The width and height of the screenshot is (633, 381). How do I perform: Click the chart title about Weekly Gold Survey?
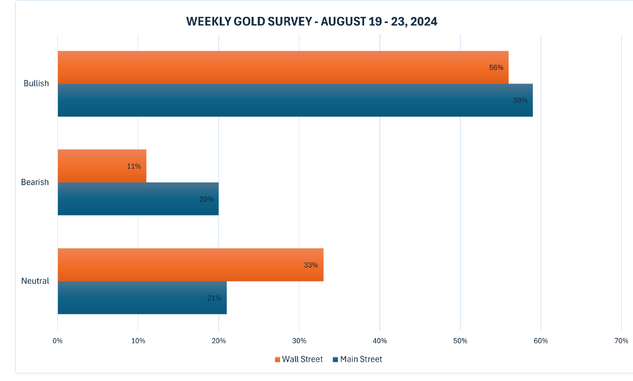311,22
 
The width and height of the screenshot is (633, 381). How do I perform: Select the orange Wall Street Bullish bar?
283,67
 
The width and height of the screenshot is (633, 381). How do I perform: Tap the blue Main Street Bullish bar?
294,100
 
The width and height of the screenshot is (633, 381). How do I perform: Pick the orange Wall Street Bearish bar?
101,166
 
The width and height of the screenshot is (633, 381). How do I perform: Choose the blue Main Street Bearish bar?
138,199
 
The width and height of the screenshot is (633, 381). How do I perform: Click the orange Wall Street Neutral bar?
190,265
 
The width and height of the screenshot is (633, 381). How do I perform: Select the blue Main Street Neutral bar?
142,298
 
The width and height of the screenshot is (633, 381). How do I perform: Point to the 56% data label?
496,67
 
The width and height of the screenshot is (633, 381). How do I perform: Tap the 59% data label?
520,100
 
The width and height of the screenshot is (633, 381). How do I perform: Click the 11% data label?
134,166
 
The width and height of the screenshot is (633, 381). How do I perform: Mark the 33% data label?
311,265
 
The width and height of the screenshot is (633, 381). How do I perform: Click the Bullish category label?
36,83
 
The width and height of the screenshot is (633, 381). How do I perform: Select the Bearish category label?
35,182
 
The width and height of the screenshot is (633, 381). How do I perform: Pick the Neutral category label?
35,281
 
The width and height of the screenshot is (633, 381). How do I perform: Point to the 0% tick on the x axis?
57,341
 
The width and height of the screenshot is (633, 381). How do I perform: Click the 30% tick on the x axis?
299,341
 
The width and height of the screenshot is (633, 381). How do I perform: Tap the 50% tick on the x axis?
460,341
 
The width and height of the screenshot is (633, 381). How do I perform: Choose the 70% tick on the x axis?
621,341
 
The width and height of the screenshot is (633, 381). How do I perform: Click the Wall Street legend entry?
298,359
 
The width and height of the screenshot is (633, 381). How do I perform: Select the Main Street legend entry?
357,359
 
